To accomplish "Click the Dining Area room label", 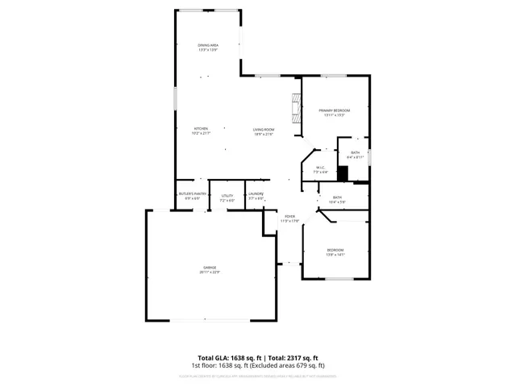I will (x=208, y=44).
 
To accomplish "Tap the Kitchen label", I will (x=201, y=129).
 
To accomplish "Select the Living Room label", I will (x=264, y=129).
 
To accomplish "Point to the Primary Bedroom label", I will (x=334, y=110).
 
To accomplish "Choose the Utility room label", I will (x=227, y=194).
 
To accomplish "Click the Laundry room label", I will (x=256, y=194).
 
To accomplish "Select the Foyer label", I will (x=289, y=216).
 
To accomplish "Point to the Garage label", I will (x=209, y=267).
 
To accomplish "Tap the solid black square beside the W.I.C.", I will (x=342, y=173).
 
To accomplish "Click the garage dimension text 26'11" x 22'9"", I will (x=209, y=272).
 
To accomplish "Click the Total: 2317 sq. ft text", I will (x=293, y=357).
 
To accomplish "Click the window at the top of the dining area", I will (x=208, y=10).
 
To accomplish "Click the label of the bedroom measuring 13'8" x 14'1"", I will (x=335, y=250).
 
